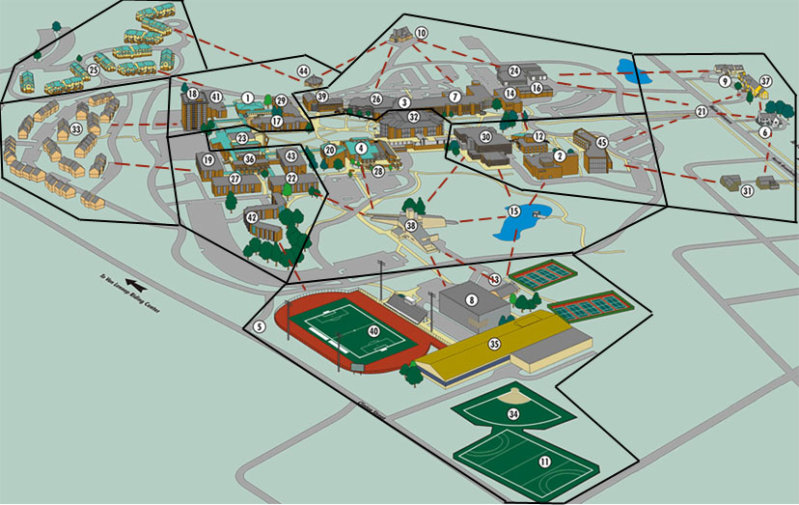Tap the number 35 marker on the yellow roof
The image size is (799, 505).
(x=495, y=344)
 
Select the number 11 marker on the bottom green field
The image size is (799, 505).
(x=544, y=463)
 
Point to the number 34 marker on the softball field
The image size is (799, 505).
(x=513, y=414)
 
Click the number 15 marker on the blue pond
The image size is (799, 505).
(x=514, y=211)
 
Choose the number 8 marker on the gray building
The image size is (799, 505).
(x=472, y=300)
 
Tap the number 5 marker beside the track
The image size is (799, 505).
(x=260, y=327)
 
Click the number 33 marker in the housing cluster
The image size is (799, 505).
(x=75, y=129)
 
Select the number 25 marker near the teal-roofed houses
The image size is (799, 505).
(x=94, y=70)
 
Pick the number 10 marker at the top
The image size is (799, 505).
(x=421, y=33)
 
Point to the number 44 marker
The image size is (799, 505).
(x=303, y=71)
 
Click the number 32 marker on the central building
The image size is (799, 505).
(x=413, y=117)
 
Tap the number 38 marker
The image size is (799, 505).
(x=411, y=225)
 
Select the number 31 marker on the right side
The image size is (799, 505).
(x=747, y=191)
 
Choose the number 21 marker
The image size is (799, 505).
(x=702, y=112)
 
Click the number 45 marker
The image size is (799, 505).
(x=601, y=143)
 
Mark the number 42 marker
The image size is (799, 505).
(x=252, y=218)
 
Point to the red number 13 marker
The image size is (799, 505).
(x=496, y=279)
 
